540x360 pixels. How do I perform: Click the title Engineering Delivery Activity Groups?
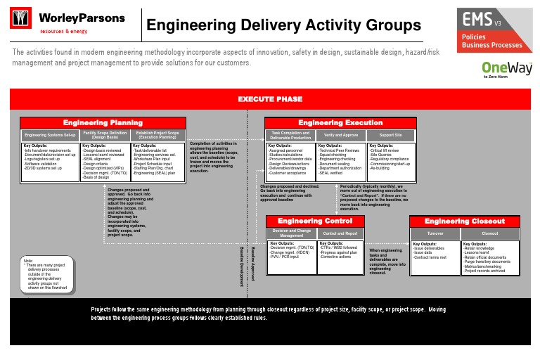[283, 27]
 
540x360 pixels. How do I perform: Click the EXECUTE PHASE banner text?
[269, 99]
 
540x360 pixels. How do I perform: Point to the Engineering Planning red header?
[103, 122]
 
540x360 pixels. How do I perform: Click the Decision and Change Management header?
[292, 232]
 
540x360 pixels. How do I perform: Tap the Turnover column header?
[435, 232]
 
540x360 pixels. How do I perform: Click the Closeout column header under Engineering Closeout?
[489, 232]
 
